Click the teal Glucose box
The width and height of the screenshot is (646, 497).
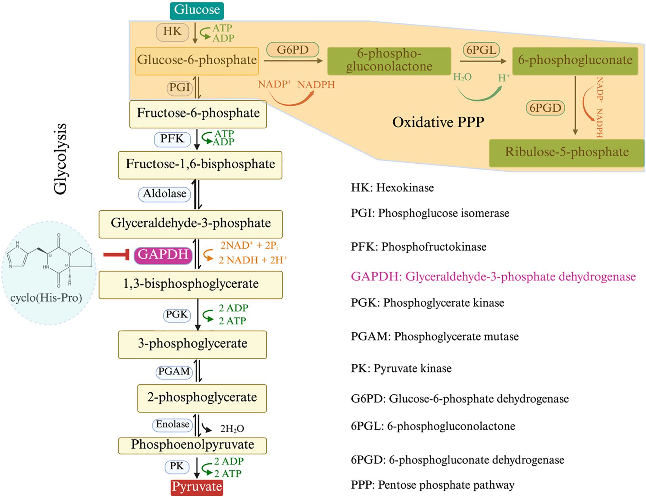point(196,10)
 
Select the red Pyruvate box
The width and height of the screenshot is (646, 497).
point(197,487)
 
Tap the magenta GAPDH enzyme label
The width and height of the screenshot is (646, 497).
point(163,255)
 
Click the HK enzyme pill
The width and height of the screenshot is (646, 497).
point(172,32)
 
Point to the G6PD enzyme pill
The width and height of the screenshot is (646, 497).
point(292,50)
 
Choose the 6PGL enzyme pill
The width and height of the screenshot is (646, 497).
point(481,50)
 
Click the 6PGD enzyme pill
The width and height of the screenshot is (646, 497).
point(545,108)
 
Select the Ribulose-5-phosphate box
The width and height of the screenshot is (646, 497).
point(567,152)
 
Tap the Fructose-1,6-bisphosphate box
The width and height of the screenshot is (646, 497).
point(200,164)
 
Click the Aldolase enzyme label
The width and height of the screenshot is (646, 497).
point(164,194)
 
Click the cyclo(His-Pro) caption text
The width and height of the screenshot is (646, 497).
point(46,298)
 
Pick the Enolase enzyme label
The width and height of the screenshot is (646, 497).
point(172,424)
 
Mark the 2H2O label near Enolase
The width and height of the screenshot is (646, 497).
point(232,429)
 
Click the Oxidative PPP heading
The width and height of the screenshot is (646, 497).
point(438,122)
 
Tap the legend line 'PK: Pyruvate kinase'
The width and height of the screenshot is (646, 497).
point(401,368)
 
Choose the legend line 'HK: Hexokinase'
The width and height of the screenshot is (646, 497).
point(392,188)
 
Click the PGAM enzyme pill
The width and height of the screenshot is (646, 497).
point(174,372)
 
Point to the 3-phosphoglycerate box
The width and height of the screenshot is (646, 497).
point(192,344)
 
